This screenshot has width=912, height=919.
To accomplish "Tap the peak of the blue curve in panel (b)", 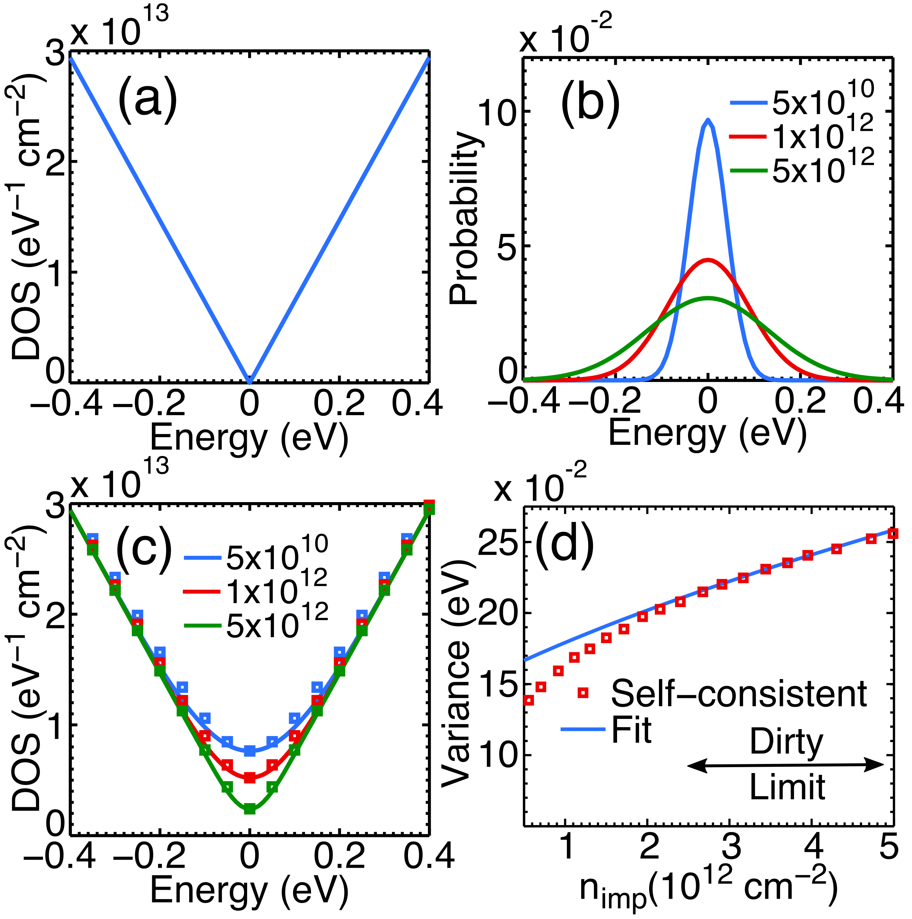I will click(x=708, y=120).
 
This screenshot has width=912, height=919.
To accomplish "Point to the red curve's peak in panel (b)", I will click(x=708, y=260).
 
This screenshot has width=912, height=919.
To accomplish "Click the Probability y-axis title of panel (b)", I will click(x=465, y=219).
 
